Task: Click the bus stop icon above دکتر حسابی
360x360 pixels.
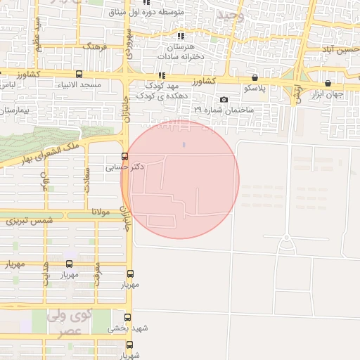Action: [x=125, y=156]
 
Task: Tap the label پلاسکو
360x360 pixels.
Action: [x=255, y=89]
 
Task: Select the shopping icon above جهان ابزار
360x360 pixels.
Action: [x=328, y=83]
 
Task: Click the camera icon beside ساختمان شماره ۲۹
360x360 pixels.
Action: [x=224, y=100]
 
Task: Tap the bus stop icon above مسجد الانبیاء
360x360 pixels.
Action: [x=79, y=74]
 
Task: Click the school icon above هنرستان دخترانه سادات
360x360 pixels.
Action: [x=181, y=36]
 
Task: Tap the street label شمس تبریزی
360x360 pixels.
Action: [x=30, y=220]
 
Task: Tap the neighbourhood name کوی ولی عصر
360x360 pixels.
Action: [x=70, y=323]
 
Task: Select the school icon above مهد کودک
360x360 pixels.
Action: [x=162, y=75]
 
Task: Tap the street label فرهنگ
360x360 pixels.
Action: [x=95, y=46]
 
